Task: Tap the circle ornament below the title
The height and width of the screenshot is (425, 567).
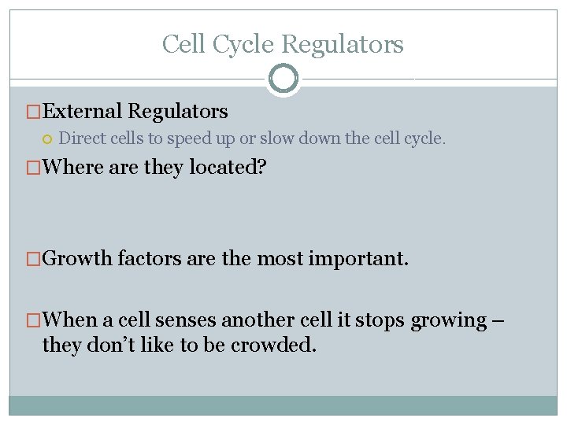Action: tap(283, 79)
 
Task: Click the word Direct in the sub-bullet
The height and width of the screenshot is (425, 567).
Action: tap(80, 139)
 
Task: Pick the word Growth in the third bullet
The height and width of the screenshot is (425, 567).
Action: tap(77, 259)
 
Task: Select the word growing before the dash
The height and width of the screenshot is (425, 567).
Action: tap(449, 321)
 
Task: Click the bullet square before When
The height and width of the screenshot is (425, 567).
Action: tap(34, 320)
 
